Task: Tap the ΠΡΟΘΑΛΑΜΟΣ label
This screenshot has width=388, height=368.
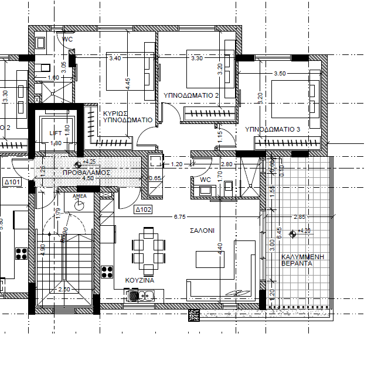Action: point(87,173)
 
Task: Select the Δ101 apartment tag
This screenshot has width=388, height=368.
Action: point(12,183)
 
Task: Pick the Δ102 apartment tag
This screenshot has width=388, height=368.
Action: point(144,209)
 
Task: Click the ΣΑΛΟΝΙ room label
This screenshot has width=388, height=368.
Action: point(202,231)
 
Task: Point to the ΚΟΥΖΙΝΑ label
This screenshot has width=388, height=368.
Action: point(139,281)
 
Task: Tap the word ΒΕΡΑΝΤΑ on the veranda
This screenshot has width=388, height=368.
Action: point(296,264)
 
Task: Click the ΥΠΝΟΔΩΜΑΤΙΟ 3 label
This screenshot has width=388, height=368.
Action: point(273,129)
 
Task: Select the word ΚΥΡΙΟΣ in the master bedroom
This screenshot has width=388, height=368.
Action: point(116,113)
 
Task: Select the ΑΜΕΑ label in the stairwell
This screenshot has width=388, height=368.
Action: point(79,197)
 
